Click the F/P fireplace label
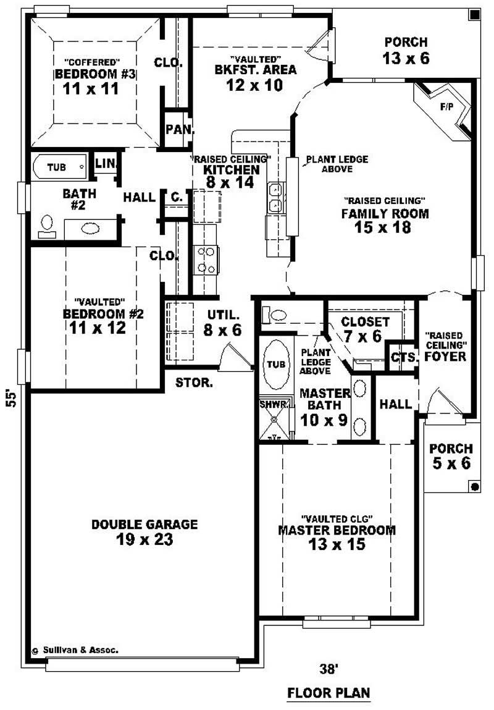coord(446,107)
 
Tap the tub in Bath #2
coord(59,167)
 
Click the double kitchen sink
coord(275,197)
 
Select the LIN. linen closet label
coord(106,163)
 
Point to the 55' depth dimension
coord(10,397)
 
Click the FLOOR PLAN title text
coord(329,693)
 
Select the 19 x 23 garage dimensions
coord(144,539)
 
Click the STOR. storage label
coord(195,382)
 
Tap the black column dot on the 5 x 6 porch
coord(474,487)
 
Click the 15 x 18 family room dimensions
coord(383,227)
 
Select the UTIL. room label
coord(220,313)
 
